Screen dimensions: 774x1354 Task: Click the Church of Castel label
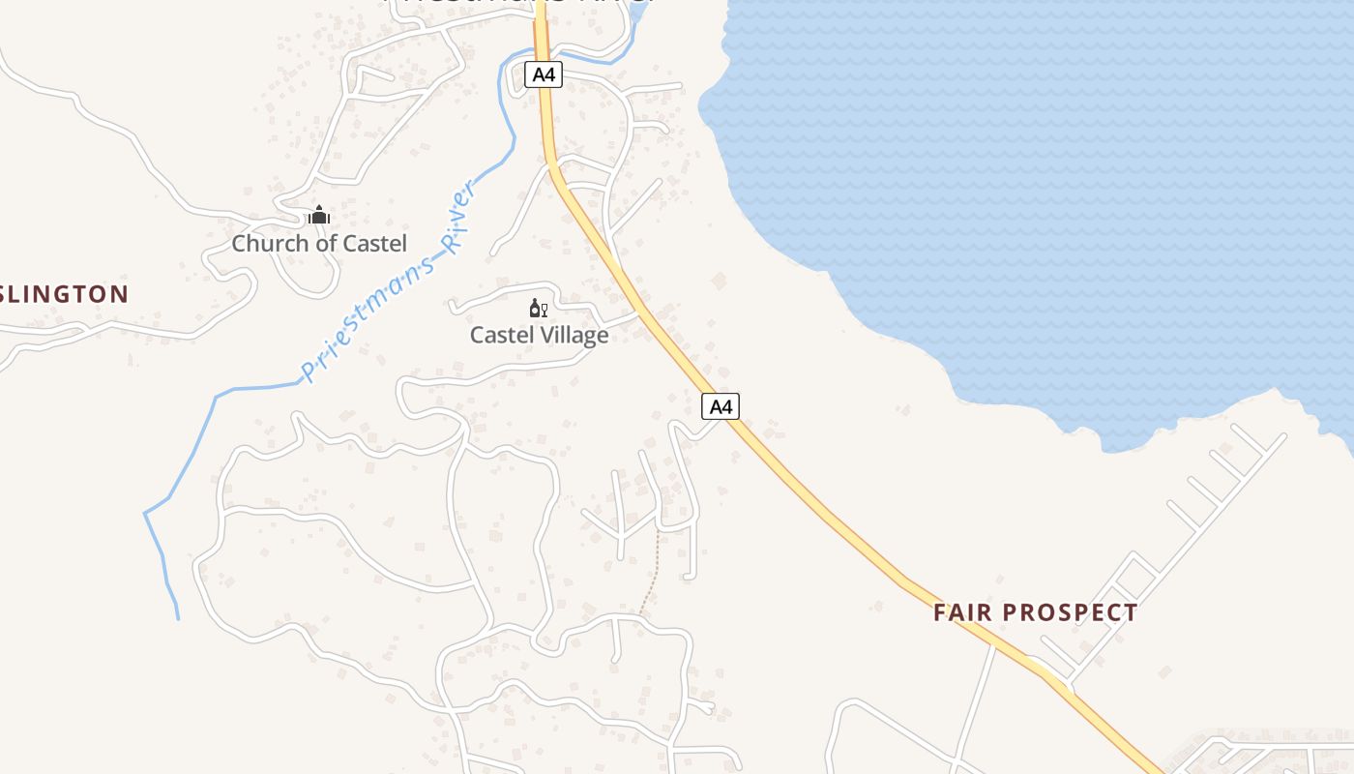pos(319,244)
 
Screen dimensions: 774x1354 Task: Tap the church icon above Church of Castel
pos(319,215)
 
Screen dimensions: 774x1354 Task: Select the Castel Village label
pos(539,336)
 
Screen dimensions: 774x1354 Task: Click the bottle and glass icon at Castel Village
pos(539,309)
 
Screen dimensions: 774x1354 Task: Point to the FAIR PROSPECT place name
pos(1035,612)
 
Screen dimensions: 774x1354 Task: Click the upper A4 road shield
pos(544,74)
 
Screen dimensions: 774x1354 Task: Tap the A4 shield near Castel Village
pos(721,406)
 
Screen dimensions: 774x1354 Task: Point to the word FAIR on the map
pos(962,612)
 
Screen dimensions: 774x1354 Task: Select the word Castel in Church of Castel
pos(375,244)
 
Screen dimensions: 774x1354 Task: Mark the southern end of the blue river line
pos(178,617)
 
